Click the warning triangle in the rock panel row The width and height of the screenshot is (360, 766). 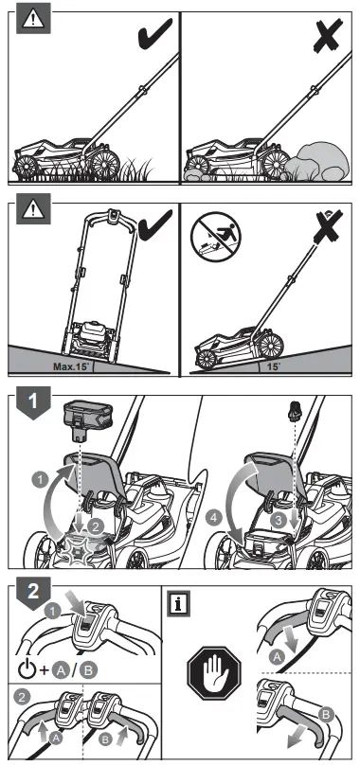point(32,20)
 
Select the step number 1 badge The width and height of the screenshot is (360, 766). point(32,401)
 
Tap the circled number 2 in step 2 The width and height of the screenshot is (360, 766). point(24,696)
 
